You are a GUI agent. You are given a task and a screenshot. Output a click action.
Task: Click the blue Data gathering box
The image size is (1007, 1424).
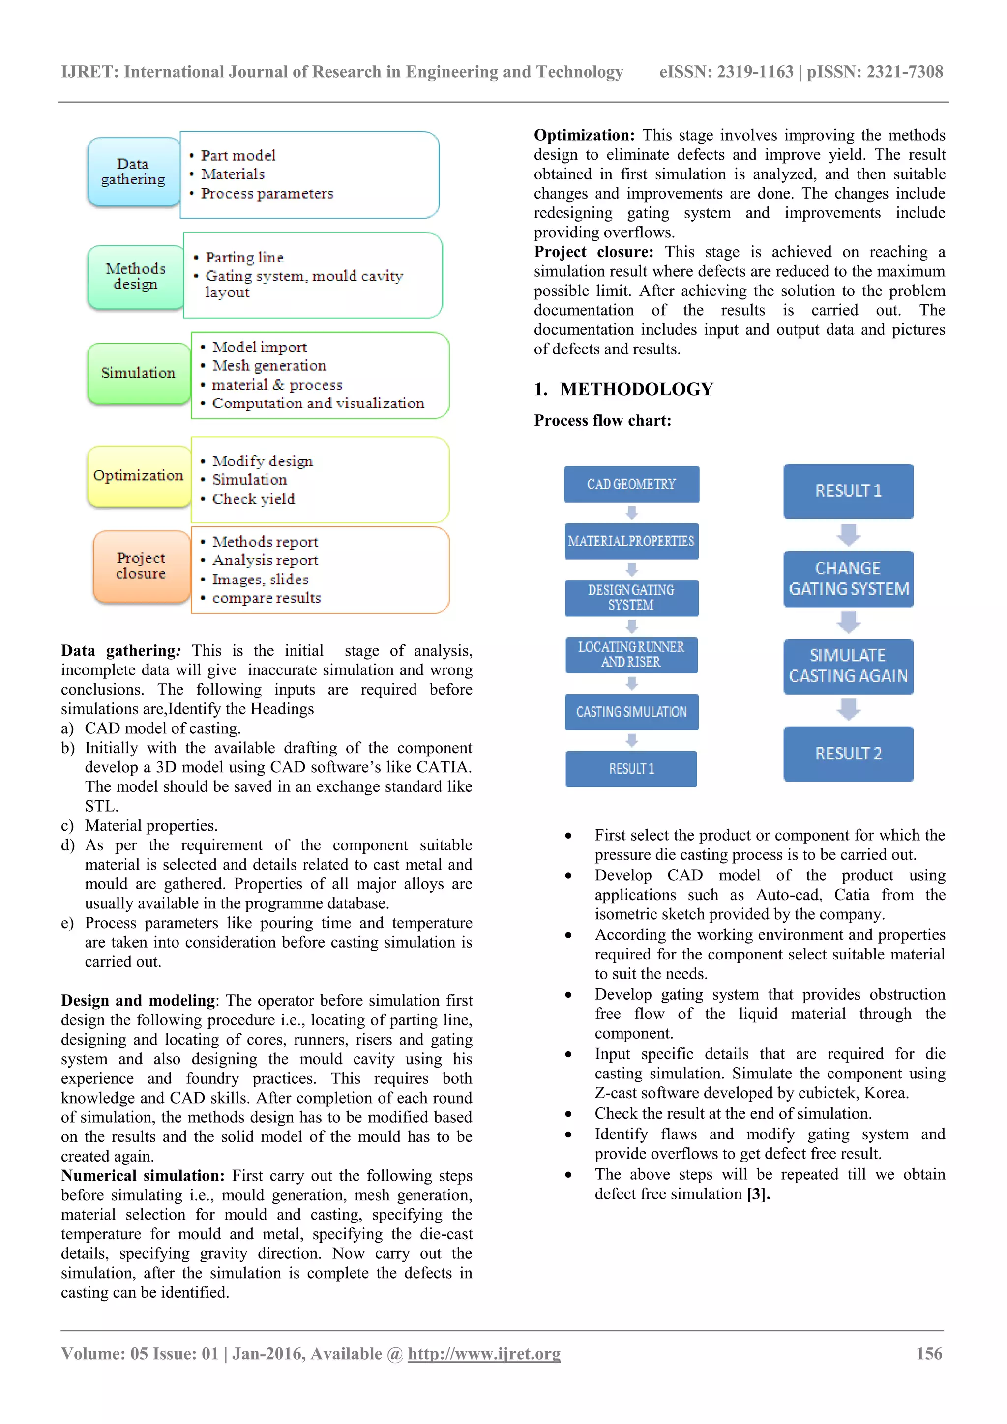tap(133, 172)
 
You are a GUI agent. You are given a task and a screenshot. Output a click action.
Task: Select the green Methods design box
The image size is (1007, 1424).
tap(135, 277)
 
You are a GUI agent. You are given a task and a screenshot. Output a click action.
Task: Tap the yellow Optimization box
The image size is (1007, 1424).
tap(138, 476)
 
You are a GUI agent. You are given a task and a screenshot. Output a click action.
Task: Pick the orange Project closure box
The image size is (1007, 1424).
tap(141, 566)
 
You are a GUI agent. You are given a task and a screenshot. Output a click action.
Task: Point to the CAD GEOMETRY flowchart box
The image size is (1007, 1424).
tap(631, 484)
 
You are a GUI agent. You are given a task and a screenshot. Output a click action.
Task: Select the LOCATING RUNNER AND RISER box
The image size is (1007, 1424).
tap(631, 655)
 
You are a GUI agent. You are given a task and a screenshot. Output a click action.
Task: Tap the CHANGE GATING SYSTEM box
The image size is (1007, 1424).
tap(848, 579)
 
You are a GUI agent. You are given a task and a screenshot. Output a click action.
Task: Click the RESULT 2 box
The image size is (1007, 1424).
tap(848, 754)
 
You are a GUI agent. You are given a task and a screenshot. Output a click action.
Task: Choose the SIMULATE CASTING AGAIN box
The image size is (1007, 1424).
tap(848, 666)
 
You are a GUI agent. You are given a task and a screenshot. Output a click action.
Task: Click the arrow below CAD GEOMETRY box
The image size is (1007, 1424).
tap(632, 513)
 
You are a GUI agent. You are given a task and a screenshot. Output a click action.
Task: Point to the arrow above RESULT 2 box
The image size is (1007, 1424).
tap(848, 709)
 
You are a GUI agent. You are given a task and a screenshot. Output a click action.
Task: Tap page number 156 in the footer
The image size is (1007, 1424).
tap(929, 1354)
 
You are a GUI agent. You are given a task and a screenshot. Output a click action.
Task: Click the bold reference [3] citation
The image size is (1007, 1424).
tap(758, 1194)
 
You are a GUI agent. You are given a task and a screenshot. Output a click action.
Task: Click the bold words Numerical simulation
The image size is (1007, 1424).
tap(143, 1176)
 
